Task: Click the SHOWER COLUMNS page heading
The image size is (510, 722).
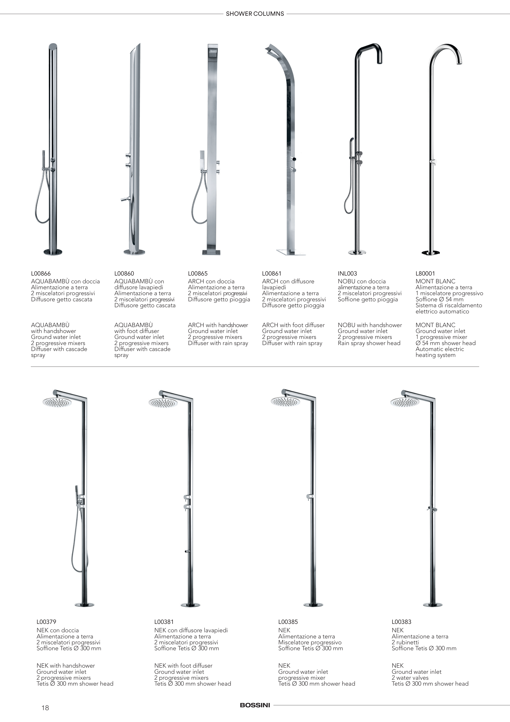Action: tap(255, 14)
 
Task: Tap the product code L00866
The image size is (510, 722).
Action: tap(41, 274)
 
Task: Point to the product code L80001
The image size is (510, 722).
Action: tap(425, 274)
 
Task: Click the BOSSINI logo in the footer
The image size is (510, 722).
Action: tap(255, 705)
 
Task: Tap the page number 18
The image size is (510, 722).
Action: tap(45, 708)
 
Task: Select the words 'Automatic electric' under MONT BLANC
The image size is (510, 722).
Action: tap(440, 349)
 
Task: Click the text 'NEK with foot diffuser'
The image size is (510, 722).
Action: tap(183, 666)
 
